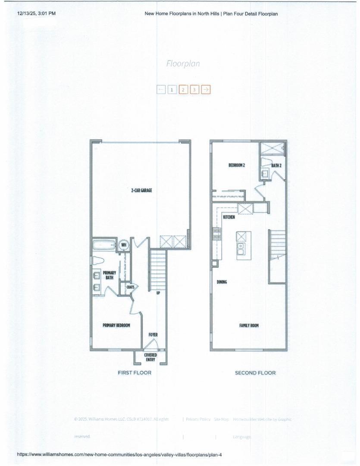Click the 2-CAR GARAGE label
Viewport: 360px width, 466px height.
pyautogui.click(x=142, y=190)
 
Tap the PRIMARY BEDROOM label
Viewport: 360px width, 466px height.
pyautogui.click(x=116, y=325)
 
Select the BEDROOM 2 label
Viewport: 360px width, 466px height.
pyautogui.click(x=237, y=165)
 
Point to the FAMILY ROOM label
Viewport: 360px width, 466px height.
pyautogui.click(x=249, y=325)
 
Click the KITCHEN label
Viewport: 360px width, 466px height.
pyautogui.click(x=229, y=217)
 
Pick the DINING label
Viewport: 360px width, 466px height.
pyautogui.click(x=222, y=282)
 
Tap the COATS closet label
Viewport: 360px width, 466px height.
pyautogui.click(x=130, y=287)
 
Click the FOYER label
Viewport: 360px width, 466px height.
pyautogui.click(x=153, y=334)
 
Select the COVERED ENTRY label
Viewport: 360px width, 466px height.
pyautogui.click(x=150, y=357)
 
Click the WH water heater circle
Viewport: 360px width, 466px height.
pyautogui.click(x=124, y=245)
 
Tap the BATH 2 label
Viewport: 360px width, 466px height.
pyautogui.click(x=276, y=165)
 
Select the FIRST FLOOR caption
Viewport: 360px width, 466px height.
pyautogui.click(x=135, y=373)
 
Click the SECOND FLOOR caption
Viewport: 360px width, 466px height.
pyautogui.click(x=255, y=373)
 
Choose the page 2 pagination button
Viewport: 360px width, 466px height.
pyautogui.click(x=183, y=90)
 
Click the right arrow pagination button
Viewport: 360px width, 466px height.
pyautogui.click(x=206, y=90)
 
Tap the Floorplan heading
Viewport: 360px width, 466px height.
pyautogui.click(x=183, y=63)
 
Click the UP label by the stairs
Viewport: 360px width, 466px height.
pyautogui.click(x=158, y=293)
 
